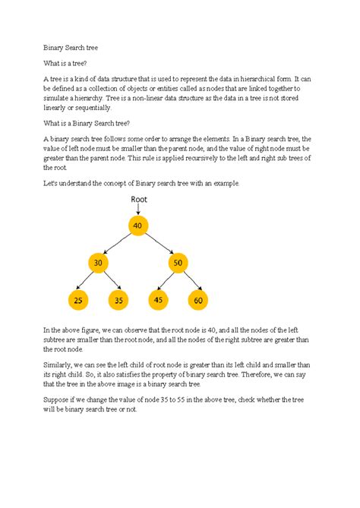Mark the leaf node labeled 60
coord(199,300)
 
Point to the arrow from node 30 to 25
coord(87,281)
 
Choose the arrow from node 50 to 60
coord(190,281)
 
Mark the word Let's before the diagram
coord(51,184)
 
